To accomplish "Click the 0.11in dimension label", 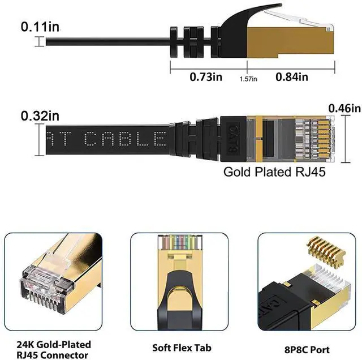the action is pyautogui.click(x=40, y=26).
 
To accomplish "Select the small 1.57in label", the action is pyautogui.click(x=248, y=79).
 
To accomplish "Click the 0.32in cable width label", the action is pyautogui.click(x=40, y=115).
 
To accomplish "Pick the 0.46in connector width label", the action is pyautogui.click(x=344, y=108).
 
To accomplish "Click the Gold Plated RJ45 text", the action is pyautogui.click(x=274, y=172).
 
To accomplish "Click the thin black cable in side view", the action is pyautogui.click(x=102, y=41).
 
